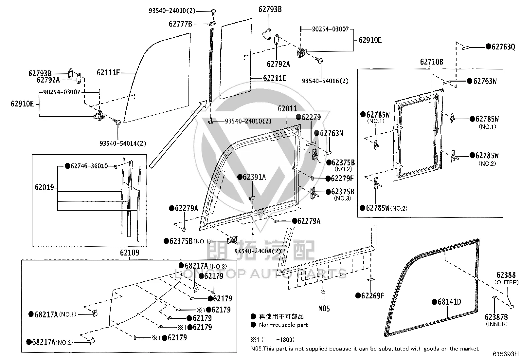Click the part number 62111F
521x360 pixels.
pyautogui.click(x=108, y=73)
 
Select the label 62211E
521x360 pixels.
pyautogui.click(x=275, y=78)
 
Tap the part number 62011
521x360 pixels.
pyautogui.click(x=287, y=108)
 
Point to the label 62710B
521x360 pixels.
pyautogui.click(x=431, y=62)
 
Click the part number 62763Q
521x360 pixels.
pyautogui.click(x=503, y=47)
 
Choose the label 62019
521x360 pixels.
pyautogui.click(x=44, y=187)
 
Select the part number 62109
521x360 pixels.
pyautogui.click(x=130, y=253)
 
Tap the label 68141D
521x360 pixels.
pyautogui.click(x=449, y=302)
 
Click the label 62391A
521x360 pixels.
pyautogui.click(x=254, y=177)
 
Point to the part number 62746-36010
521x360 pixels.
pyautogui.click(x=89, y=166)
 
